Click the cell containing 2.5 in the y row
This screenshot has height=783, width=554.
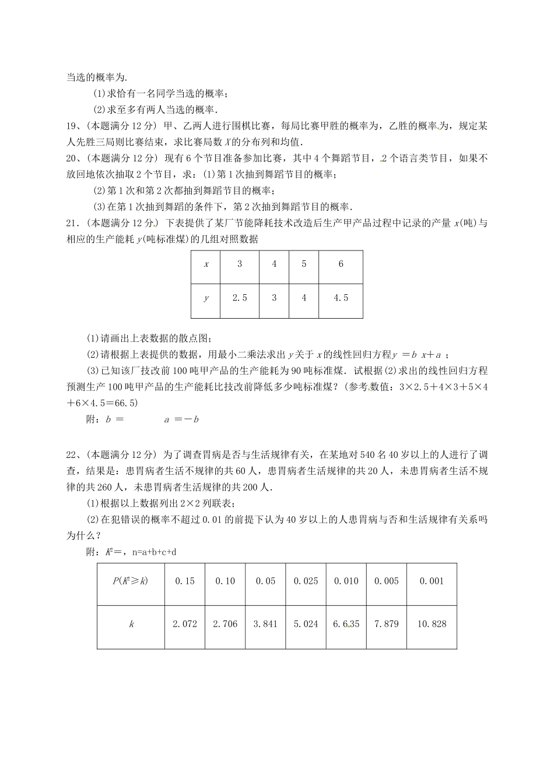point(240,298)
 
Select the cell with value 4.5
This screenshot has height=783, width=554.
point(341,298)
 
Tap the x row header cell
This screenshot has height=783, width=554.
point(206,264)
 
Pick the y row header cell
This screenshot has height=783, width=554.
point(206,298)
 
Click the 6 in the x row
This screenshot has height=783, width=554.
point(341,264)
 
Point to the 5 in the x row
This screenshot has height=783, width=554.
point(304,264)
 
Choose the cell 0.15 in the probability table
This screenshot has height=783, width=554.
point(185,581)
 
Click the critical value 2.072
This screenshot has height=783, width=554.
point(185,624)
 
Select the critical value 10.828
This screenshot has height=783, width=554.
point(432,624)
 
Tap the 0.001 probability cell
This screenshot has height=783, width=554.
point(432,581)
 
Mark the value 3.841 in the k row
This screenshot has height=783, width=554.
point(265,624)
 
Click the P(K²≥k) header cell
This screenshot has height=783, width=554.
point(131,581)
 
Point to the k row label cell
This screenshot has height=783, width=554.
point(131,624)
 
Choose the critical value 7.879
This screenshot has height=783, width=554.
point(387,624)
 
